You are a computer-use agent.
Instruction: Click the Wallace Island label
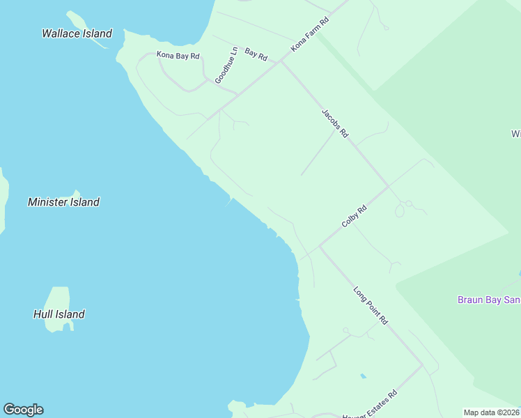(x=77, y=33)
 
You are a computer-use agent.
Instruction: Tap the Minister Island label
(x=63, y=202)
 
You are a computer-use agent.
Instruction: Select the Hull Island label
(x=59, y=314)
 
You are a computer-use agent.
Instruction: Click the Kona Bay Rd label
(x=178, y=55)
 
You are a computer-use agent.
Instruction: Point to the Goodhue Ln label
(x=226, y=65)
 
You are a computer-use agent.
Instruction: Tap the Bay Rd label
(x=256, y=54)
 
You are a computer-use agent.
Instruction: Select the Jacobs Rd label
(x=334, y=123)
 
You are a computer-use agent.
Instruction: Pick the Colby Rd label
(x=354, y=216)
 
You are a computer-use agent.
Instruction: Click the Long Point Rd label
(x=370, y=306)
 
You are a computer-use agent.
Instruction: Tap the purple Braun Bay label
(x=488, y=300)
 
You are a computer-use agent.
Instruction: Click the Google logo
(x=23, y=410)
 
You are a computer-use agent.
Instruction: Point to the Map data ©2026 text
(x=492, y=412)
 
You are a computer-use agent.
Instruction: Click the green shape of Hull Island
(x=59, y=300)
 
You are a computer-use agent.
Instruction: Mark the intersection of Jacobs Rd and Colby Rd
(x=388, y=187)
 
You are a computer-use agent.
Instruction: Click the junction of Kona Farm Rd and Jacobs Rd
(x=281, y=62)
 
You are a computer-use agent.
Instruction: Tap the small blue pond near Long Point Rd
(x=363, y=376)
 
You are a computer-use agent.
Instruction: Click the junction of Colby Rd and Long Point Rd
(x=320, y=246)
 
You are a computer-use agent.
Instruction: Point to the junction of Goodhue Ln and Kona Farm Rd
(x=238, y=94)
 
